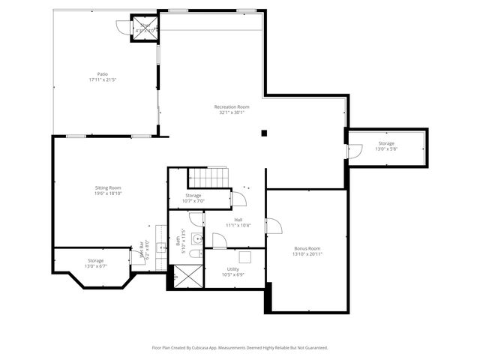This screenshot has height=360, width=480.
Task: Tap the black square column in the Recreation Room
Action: point(263,133)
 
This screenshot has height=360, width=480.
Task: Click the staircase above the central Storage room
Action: point(207,178)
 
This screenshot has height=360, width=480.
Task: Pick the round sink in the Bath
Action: point(196,239)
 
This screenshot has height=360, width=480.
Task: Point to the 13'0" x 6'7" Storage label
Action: point(95,263)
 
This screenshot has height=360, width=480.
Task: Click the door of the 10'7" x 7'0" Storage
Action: point(238,199)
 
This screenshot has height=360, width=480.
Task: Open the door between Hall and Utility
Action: point(219,241)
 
